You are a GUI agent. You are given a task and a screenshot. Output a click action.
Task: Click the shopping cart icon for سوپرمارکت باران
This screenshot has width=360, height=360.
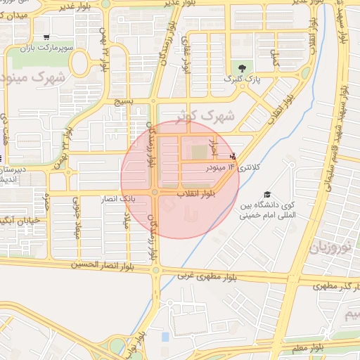[46, 37]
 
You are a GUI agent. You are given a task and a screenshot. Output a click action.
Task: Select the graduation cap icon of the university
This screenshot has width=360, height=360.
[266, 194]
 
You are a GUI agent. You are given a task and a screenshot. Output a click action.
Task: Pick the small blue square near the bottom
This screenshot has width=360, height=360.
[165, 337]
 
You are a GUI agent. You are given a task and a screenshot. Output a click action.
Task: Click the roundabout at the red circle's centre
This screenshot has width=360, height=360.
[155, 192]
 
